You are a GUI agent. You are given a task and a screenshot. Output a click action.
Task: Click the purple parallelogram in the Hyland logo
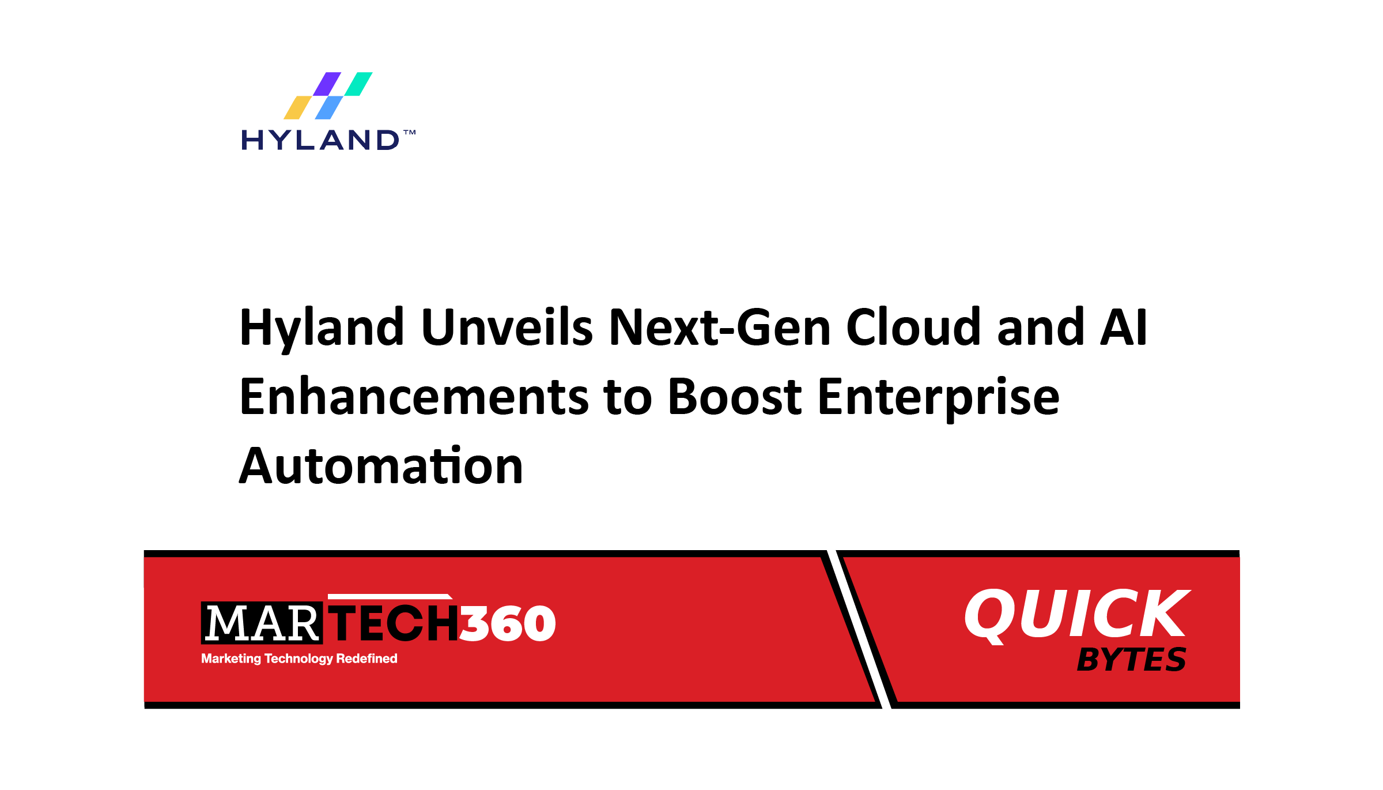pyautogui.click(x=327, y=84)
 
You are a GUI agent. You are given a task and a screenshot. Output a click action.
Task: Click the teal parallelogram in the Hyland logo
pyautogui.click(x=358, y=84)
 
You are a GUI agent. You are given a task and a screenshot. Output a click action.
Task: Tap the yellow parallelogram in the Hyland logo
pyautogui.click(x=297, y=108)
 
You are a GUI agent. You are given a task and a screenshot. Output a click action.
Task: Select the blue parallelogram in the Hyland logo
pyautogui.click(x=328, y=108)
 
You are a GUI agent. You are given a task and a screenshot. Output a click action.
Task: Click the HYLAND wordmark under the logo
pyautogui.click(x=320, y=140)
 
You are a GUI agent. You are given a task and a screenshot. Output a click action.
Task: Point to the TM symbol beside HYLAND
pyautogui.click(x=409, y=133)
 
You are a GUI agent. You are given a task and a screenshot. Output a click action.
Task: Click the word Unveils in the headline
pyautogui.click(x=507, y=328)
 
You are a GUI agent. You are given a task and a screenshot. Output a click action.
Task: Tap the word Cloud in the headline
pyautogui.click(x=913, y=328)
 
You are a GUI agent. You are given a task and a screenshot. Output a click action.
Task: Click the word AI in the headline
pyautogui.click(x=1123, y=328)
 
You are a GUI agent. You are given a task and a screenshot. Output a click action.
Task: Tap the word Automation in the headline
pyautogui.click(x=381, y=466)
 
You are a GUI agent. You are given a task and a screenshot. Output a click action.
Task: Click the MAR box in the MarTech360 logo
pyautogui.click(x=262, y=623)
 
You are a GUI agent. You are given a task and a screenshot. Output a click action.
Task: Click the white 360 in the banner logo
pyautogui.click(x=508, y=623)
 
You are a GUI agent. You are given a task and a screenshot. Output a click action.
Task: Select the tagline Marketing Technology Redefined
pyautogui.click(x=299, y=659)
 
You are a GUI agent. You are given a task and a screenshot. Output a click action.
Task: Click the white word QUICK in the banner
pyautogui.click(x=1076, y=614)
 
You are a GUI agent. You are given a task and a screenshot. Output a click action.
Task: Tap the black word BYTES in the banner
pyautogui.click(x=1131, y=660)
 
